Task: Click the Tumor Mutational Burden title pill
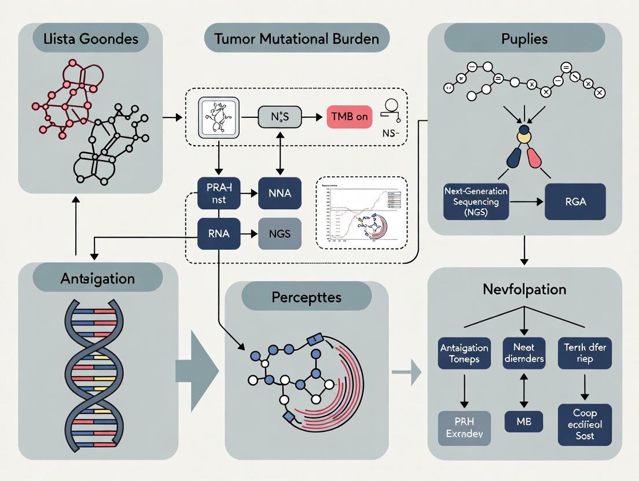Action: [296, 39]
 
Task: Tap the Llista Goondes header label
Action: [83, 39]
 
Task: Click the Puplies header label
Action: [524, 39]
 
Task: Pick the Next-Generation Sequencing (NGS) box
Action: [476, 202]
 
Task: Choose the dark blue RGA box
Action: [574, 202]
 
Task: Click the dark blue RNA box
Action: [219, 234]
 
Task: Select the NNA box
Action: [280, 193]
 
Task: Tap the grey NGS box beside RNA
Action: [280, 234]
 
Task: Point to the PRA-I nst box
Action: [219, 193]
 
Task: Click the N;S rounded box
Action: [280, 117]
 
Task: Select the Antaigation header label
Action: [97, 279]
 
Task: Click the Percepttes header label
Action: [306, 297]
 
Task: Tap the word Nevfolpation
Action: [524, 289]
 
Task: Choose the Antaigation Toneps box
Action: [464, 354]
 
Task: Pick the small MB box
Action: [524, 421]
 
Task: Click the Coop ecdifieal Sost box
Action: [585, 425]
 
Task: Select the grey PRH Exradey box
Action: [464, 428]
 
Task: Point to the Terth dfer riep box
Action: [585, 354]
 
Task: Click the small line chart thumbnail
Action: [362, 213]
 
